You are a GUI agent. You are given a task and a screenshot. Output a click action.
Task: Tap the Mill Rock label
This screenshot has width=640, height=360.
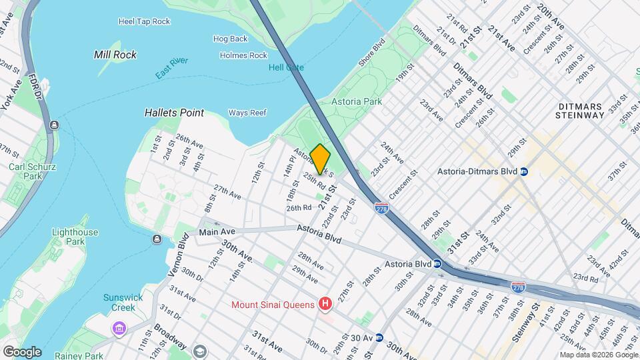click(x=115, y=55)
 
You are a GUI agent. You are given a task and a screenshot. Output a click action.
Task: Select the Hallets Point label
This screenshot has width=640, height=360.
click(x=174, y=113)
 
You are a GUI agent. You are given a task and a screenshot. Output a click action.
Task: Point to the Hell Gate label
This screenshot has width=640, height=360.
click(x=286, y=67)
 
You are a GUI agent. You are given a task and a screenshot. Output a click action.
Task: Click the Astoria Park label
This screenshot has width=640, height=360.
click(x=357, y=101)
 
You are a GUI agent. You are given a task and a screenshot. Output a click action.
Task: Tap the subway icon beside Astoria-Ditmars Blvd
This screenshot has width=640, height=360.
click(x=524, y=171)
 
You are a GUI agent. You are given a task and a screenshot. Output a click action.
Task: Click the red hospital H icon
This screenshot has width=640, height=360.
click(x=325, y=305)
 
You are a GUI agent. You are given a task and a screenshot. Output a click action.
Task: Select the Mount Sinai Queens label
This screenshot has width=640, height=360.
click(x=273, y=305)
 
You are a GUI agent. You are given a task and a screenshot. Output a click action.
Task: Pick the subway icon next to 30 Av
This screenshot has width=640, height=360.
click(x=379, y=338)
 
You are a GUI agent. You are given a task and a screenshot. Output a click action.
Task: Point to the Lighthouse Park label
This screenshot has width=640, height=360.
click(x=75, y=237)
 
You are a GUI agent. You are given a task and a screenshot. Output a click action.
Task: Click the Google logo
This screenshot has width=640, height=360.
click(x=21, y=351)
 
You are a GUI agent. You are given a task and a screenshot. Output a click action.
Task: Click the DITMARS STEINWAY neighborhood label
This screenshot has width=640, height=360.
click(x=579, y=111)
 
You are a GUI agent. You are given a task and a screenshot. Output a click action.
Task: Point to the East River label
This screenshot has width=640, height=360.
click(x=172, y=70)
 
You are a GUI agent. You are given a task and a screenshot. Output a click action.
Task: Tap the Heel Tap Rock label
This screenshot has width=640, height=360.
click(x=144, y=21)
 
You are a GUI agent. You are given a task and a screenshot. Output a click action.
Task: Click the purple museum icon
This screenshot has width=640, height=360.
click(x=119, y=329)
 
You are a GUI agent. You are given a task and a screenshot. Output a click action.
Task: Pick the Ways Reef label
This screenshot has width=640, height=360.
click(x=247, y=113)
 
